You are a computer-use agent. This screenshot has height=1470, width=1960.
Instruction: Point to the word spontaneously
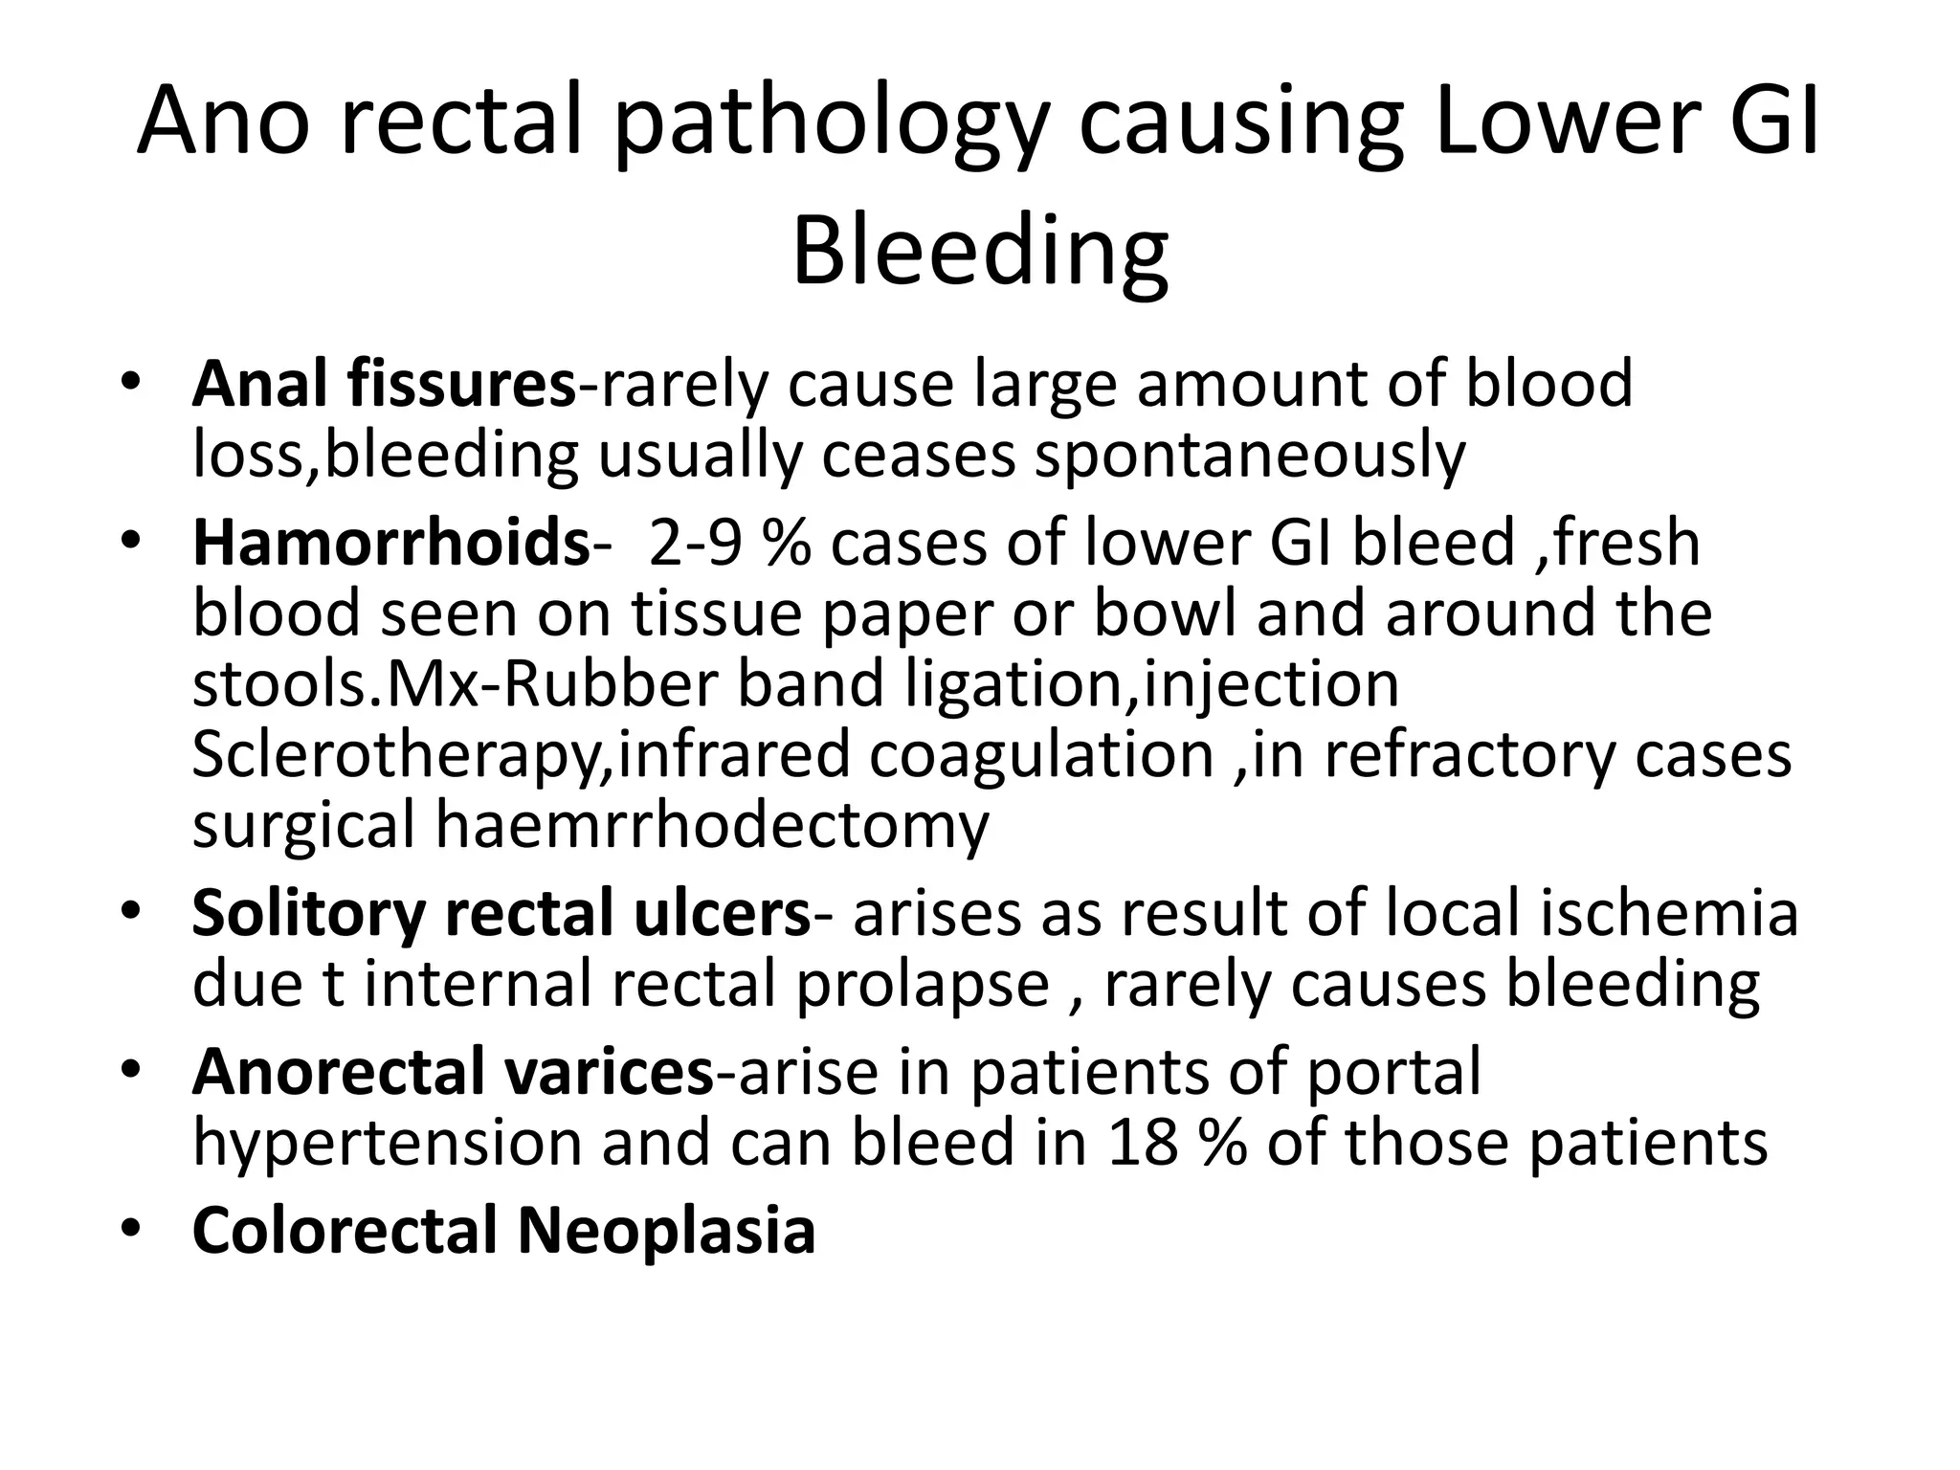point(1250,456)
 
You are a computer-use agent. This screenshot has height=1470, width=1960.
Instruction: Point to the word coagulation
point(1042,754)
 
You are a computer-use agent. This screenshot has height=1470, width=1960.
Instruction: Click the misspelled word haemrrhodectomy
point(712,825)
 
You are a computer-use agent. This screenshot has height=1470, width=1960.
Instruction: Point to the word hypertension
point(387,1143)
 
